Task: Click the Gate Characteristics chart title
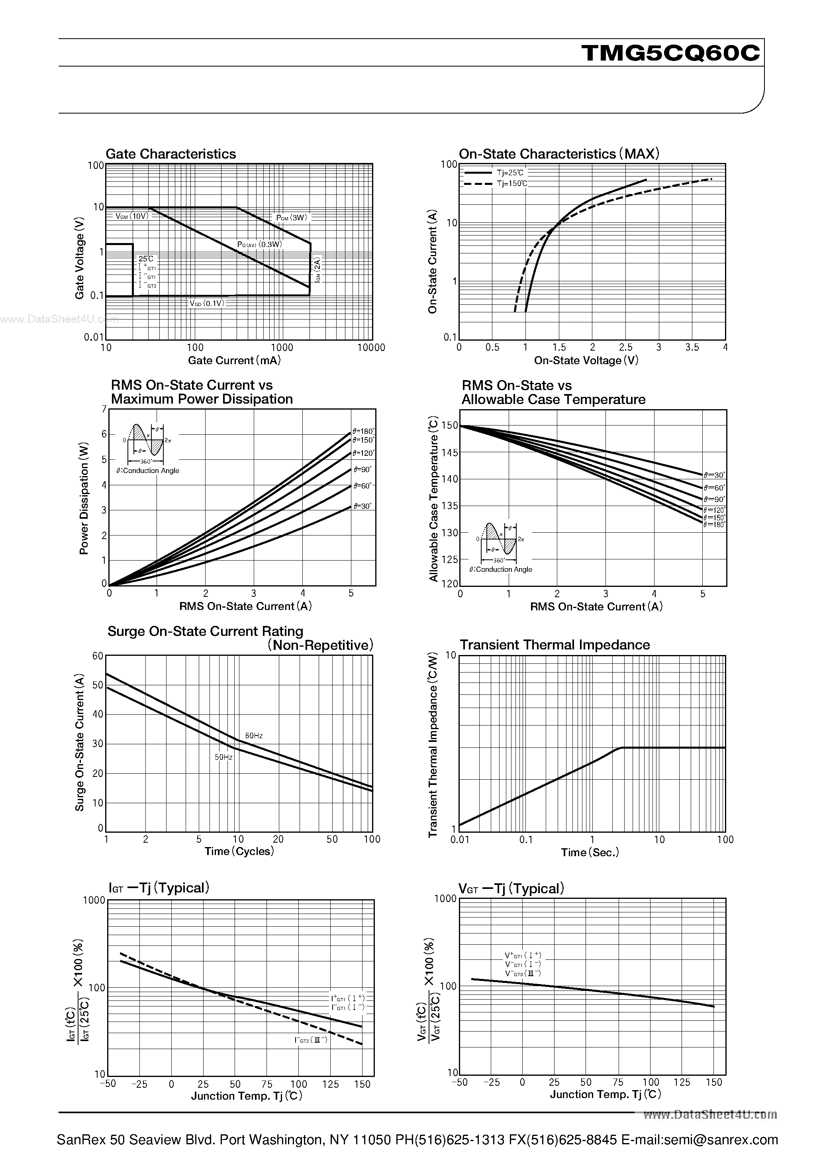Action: click(170, 154)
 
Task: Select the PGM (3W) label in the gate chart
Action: click(292, 218)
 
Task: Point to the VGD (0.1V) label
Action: click(206, 304)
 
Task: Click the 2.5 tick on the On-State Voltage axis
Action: click(626, 347)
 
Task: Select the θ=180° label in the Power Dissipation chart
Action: click(364, 432)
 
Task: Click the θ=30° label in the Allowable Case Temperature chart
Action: click(714, 475)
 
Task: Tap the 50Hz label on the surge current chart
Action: click(223, 757)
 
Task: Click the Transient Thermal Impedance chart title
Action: click(555, 645)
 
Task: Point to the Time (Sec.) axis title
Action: click(590, 853)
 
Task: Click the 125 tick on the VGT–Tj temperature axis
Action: click(682, 1082)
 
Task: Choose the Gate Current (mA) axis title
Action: click(234, 360)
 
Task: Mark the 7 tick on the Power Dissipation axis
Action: click(104, 409)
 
